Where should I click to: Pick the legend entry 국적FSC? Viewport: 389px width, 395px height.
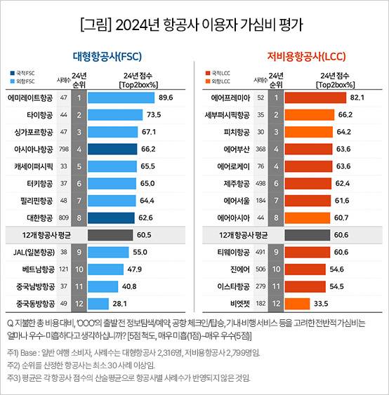[24, 72]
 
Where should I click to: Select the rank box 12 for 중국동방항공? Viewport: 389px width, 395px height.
[80, 303]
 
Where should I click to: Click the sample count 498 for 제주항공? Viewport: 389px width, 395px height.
[261, 183]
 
